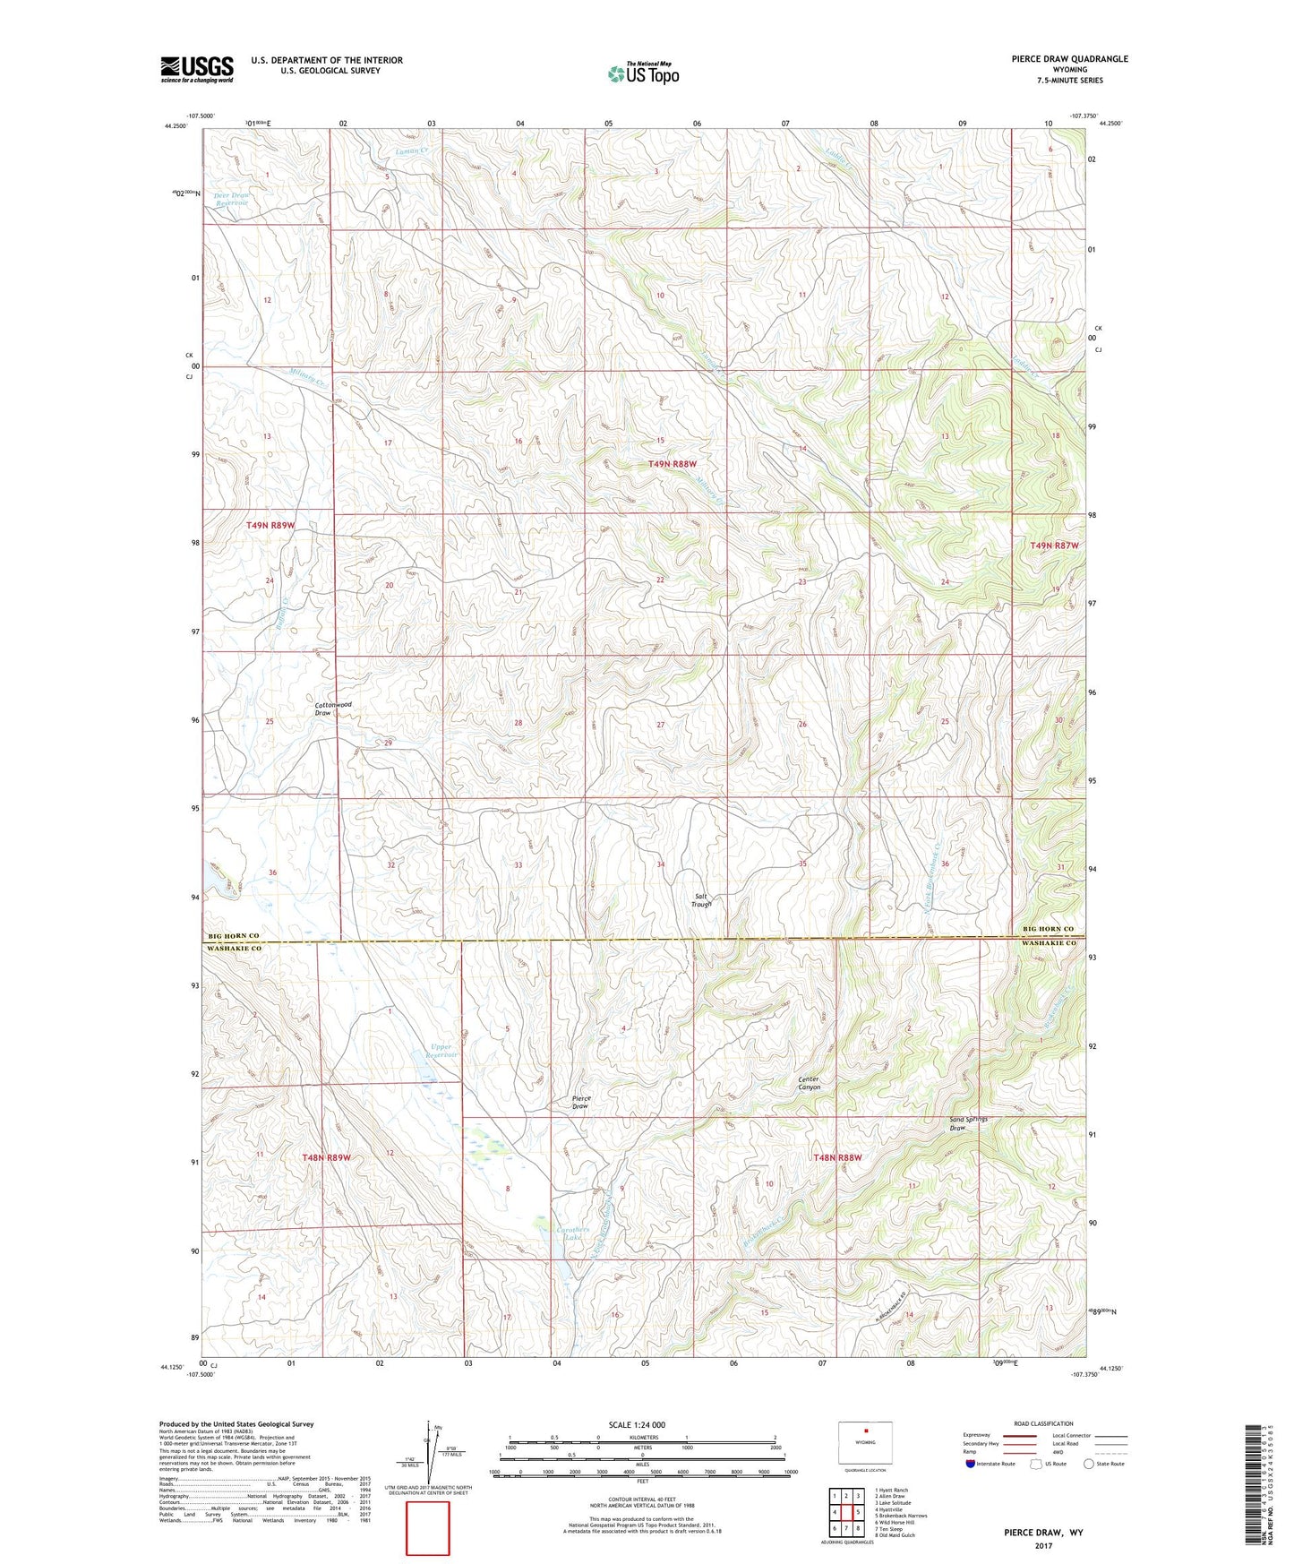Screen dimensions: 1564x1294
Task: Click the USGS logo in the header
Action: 196,69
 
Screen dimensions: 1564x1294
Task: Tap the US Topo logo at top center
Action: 643,73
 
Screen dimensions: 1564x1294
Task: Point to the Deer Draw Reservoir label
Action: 231,199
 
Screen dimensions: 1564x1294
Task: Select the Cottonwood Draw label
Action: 333,709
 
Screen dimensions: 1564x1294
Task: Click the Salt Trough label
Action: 701,900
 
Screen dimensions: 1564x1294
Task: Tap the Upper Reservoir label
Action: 442,1051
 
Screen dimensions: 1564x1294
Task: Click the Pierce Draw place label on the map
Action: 580,1102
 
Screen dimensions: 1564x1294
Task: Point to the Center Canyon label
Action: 809,1083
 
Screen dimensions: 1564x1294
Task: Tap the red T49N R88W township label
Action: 672,464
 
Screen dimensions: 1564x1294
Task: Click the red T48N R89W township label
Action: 325,1157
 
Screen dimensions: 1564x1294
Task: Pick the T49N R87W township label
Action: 1054,546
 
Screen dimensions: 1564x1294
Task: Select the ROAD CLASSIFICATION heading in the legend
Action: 1043,1423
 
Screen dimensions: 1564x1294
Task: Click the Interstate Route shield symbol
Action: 972,1464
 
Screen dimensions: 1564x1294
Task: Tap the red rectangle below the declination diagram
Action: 428,1529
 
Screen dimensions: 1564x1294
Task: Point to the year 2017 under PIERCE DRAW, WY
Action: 1043,1545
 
